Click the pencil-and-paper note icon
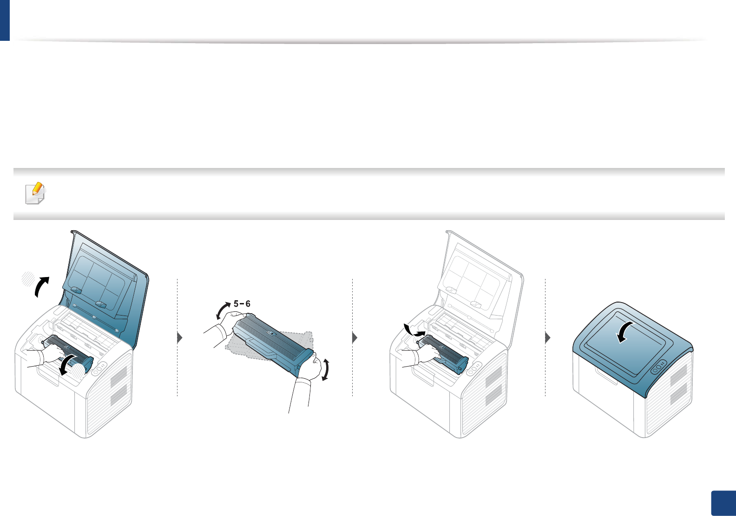point(35,193)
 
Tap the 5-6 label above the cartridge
point(242,304)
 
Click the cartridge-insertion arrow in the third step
point(414,331)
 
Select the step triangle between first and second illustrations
point(180,338)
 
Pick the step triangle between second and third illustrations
point(355,338)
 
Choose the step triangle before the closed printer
point(548,338)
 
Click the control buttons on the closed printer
point(659,367)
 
